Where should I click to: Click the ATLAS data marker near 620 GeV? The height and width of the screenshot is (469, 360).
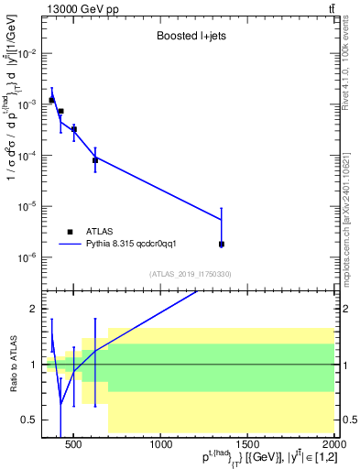click(x=95, y=160)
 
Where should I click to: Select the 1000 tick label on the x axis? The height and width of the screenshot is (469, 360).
click(x=161, y=445)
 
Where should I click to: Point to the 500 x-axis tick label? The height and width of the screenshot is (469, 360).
click(x=75, y=445)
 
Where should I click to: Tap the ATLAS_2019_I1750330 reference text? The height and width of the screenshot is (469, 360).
click(x=191, y=274)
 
